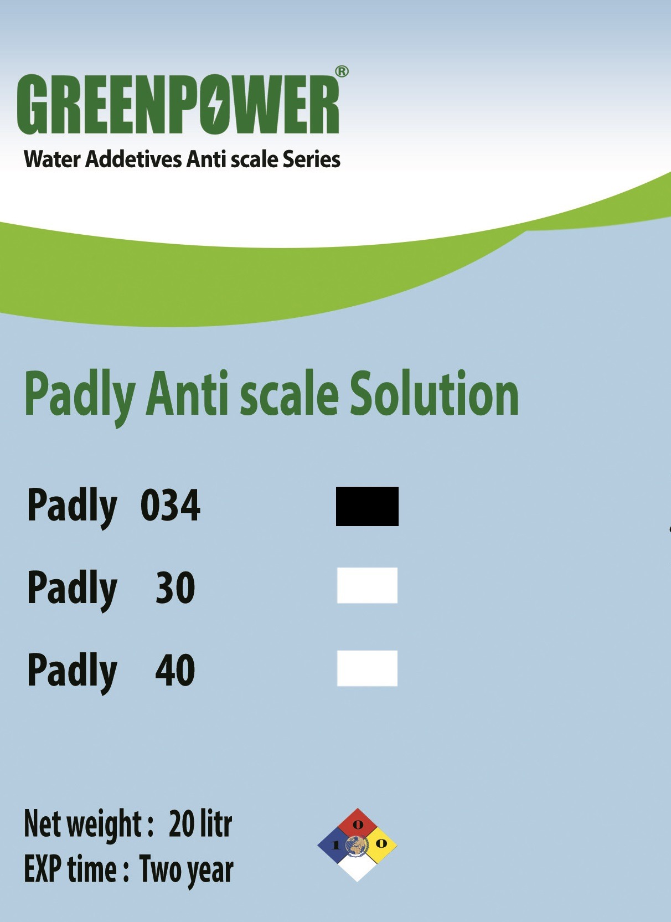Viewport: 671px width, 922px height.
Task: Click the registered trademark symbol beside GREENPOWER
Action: (x=342, y=71)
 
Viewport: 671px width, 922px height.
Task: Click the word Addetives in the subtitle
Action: (x=133, y=159)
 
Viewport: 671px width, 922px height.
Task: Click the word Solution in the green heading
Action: (x=434, y=394)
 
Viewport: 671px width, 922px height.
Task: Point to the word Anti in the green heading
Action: (x=187, y=394)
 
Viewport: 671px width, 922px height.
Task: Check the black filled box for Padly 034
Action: (x=367, y=506)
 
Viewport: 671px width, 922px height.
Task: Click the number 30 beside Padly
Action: (x=175, y=588)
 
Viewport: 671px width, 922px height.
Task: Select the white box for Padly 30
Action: (x=367, y=585)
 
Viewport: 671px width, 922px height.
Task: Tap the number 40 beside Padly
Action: (x=175, y=670)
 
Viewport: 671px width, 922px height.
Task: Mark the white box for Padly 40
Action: (x=367, y=668)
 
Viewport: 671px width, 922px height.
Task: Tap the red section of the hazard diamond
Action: (x=358, y=825)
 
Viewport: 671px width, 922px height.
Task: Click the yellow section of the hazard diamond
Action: (x=380, y=844)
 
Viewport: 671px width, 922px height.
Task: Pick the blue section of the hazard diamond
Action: (x=333, y=845)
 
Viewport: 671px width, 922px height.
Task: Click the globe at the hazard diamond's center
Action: (x=357, y=844)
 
